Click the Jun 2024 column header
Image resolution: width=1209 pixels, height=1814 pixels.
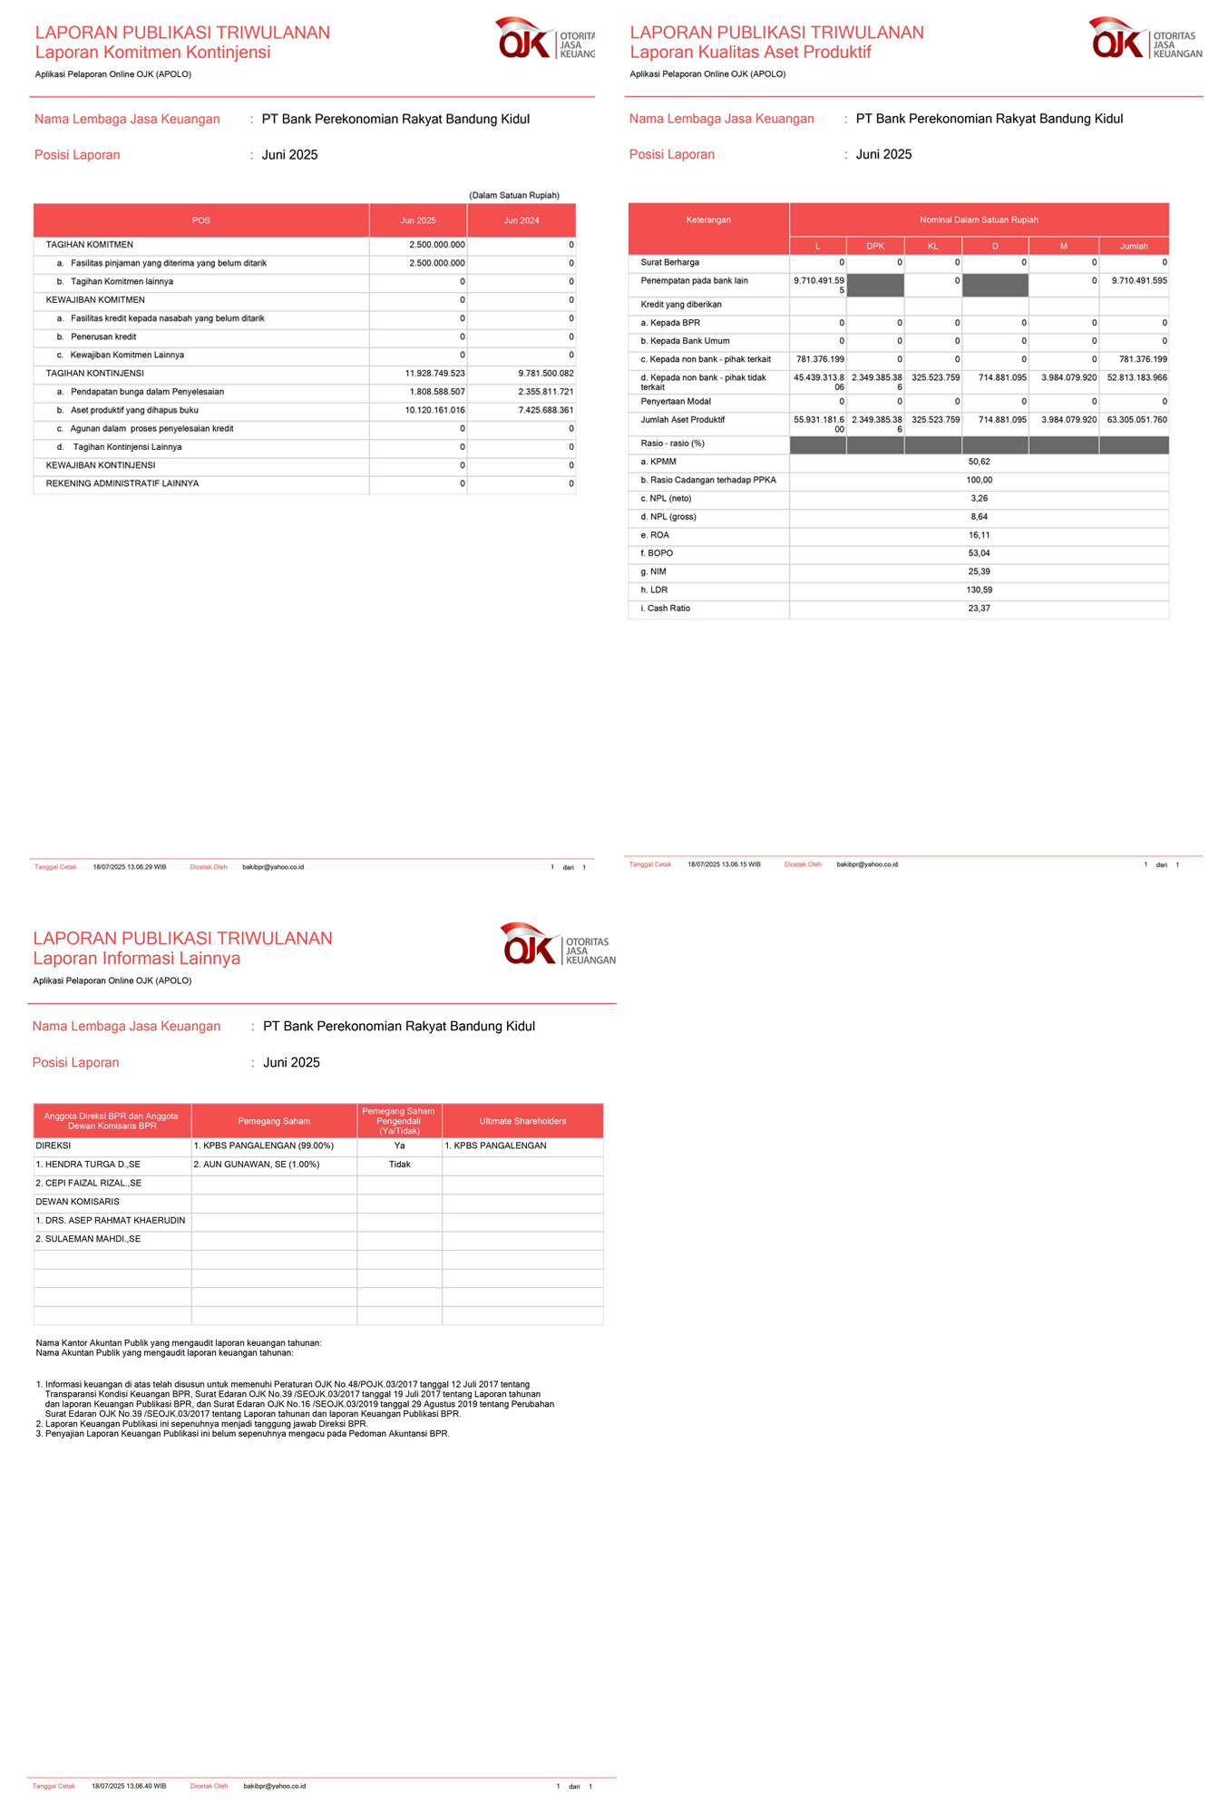(x=522, y=220)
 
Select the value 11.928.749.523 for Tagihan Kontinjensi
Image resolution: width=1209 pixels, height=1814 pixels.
(x=434, y=374)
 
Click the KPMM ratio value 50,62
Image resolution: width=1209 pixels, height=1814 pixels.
(x=979, y=462)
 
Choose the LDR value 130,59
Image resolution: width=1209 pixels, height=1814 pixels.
(x=979, y=590)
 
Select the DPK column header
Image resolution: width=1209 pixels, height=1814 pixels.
(x=874, y=246)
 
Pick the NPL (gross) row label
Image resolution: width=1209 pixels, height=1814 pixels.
(x=668, y=517)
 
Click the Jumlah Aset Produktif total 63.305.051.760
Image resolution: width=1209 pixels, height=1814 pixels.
(x=1136, y=420)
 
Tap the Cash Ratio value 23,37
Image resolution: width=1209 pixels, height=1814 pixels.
(x=979, y=609)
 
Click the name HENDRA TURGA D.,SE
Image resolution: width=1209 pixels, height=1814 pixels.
(x=88, y=1165)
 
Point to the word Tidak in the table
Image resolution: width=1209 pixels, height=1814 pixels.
(x=399, y=1165)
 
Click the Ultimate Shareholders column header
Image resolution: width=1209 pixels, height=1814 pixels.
(x=522, y=1121)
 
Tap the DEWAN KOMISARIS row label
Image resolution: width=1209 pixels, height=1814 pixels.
(x=77, y=1202)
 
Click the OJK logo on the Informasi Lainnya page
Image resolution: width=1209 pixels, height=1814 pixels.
(x=557, y=944)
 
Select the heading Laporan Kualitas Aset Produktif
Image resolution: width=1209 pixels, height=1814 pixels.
(x=750, y=53)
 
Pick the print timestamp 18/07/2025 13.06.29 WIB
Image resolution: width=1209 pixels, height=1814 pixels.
(x=129, y=867)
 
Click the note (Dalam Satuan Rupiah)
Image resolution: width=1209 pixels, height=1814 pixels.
(x=513, y=196)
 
